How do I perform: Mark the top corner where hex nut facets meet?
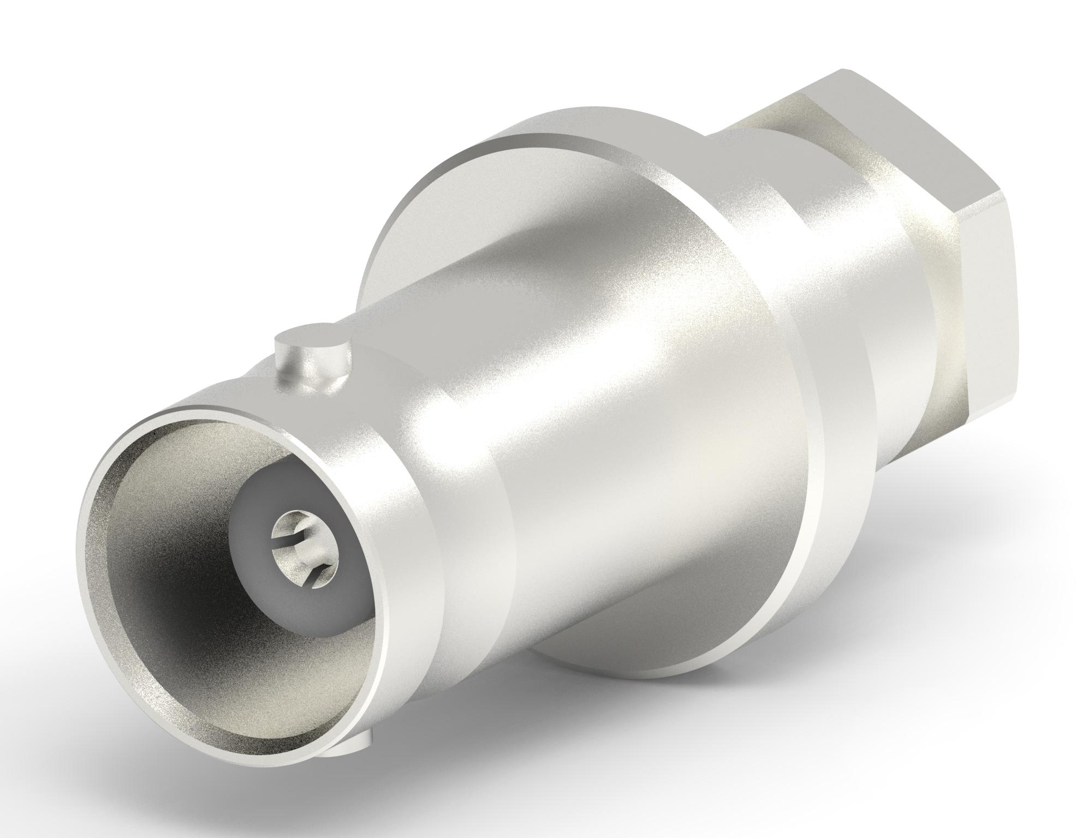point(843,71)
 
